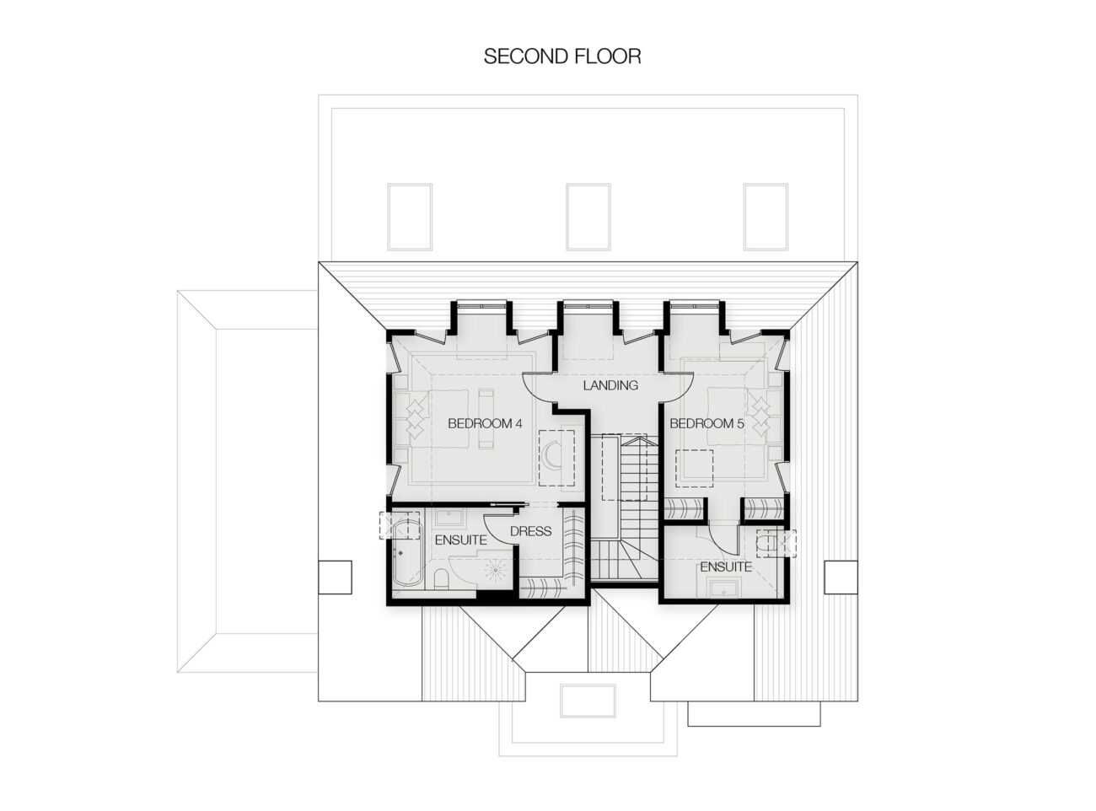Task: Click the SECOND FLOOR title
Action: tap(561, 56)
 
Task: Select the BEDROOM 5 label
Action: tap(706, 423)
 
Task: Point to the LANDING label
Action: tap(610, 385)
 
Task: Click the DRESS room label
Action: tap(530, 531)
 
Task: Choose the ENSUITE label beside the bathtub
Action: tap(460, 540)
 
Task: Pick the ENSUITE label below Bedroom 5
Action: tap(726, 567)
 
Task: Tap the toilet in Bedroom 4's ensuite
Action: tap(440, 578)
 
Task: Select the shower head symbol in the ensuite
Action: tap(495, 570)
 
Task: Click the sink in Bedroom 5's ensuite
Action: tap(724, 588)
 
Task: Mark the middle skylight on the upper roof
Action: tap(588, 217)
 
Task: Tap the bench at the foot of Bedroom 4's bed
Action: tap(486, 419)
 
